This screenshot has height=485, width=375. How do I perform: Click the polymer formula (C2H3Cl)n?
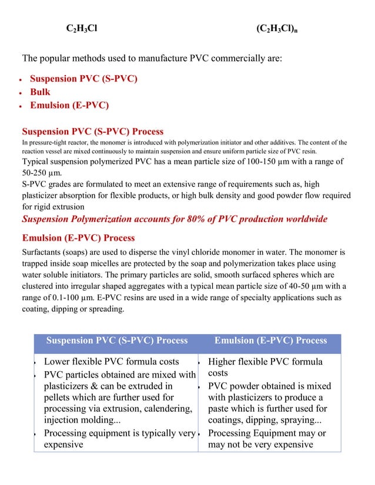click(x=279, y=29)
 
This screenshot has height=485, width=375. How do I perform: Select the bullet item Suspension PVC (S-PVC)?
click(x=83, y=79)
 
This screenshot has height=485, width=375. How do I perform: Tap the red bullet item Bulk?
click(x=40, y=92)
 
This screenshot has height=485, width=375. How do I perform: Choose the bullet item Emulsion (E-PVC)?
click(x=69, y=106)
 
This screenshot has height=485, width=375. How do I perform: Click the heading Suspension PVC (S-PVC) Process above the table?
click(x=92, y=132)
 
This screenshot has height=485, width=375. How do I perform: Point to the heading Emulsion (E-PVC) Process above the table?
click(x=78, y=238)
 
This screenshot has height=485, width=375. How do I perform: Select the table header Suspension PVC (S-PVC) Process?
click(x=117, y=341)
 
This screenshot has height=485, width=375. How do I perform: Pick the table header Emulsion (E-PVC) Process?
click(x=270, y=341)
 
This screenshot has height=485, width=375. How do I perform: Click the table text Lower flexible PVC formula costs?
click(x=112, y=362)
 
